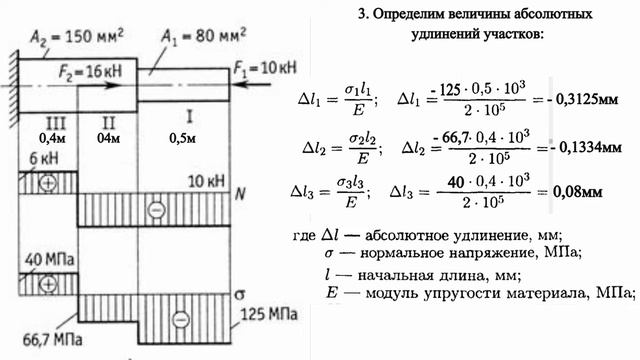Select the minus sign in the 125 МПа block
182,319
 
